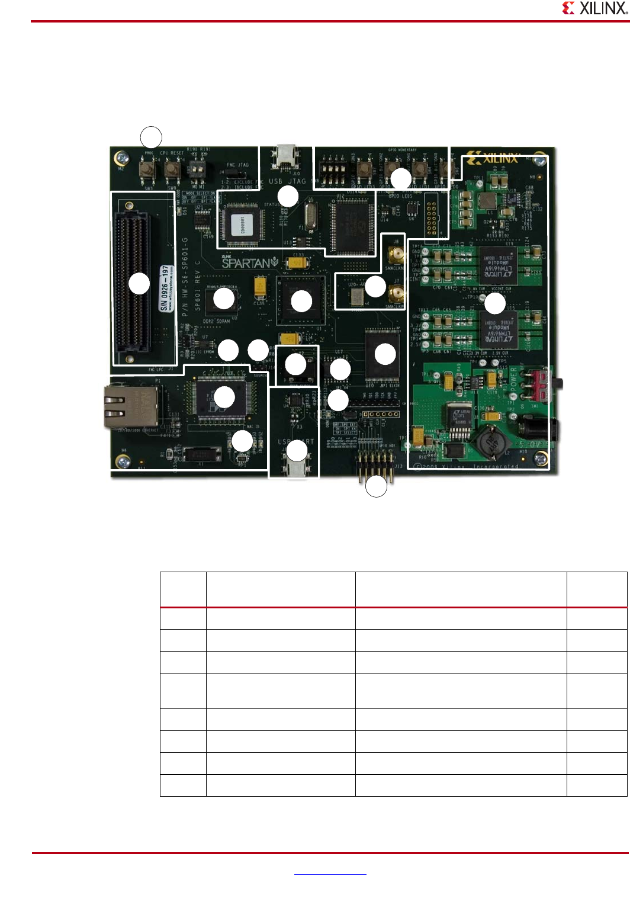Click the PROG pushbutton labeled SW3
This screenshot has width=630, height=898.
pyautogui.click(x=147, y=170)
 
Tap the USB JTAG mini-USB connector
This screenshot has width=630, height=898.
pyautogui.click(x=286, y=157)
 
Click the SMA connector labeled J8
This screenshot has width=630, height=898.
pyautogui.click(x=395, y=256)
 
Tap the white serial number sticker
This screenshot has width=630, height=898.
pyautogui.click(x=166, y=288)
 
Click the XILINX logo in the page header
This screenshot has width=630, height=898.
pyautogui.click(x=594, y=8)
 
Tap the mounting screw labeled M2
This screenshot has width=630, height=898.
pyautogui.click(x=122, y=159)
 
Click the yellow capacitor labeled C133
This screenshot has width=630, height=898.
pyautogui.click(x=298, y=261)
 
